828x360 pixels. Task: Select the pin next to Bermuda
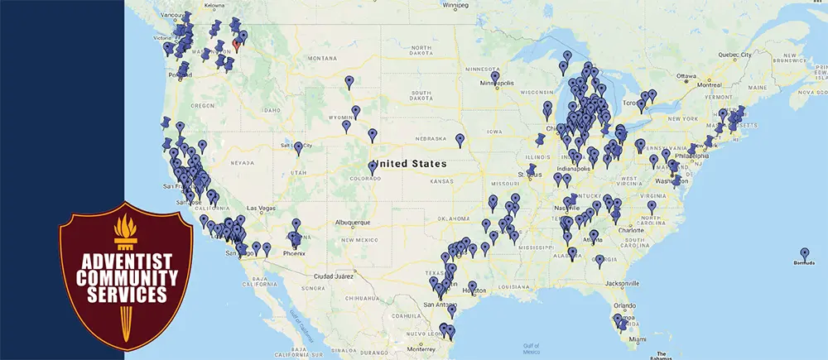pyautogui.click(x=804, y=253)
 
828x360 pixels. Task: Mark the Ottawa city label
pyautogui.click(x=686, y=75)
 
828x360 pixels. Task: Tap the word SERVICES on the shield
pyautogui.click(x=126, y=293)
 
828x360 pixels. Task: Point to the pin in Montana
pyautogui.click(x=349, y=81)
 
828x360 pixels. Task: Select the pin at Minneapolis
pyautogui.click(x=494, y=77)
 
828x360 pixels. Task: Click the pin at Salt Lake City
pyautogui.click(x=298, y=147)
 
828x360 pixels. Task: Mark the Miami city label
pyautogui.click(x=636, y=339)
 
